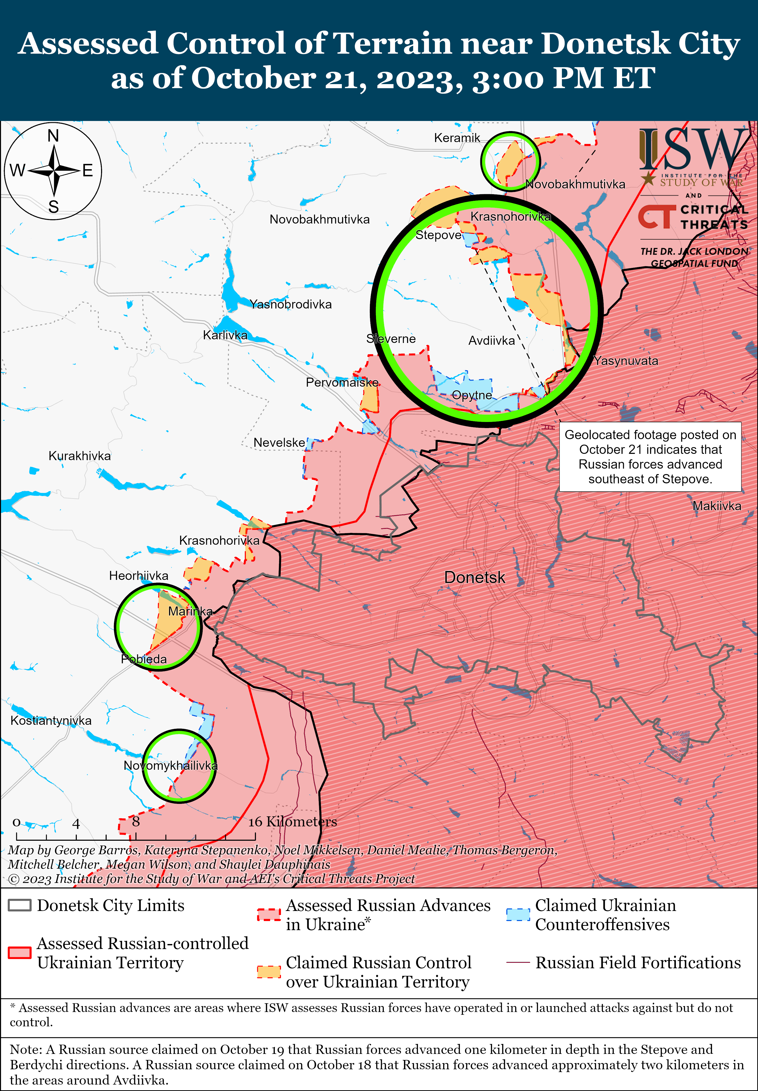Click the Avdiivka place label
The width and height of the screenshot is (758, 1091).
(x=491, y=340)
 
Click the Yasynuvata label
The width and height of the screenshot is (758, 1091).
(x=626, y=361)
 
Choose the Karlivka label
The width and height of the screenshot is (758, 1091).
(x=225, y=335)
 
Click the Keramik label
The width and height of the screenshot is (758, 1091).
(x=457, y=138)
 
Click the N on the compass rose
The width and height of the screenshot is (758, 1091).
(x=53, y=136)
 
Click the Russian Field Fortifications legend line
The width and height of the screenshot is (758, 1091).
(x=518, y=962)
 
